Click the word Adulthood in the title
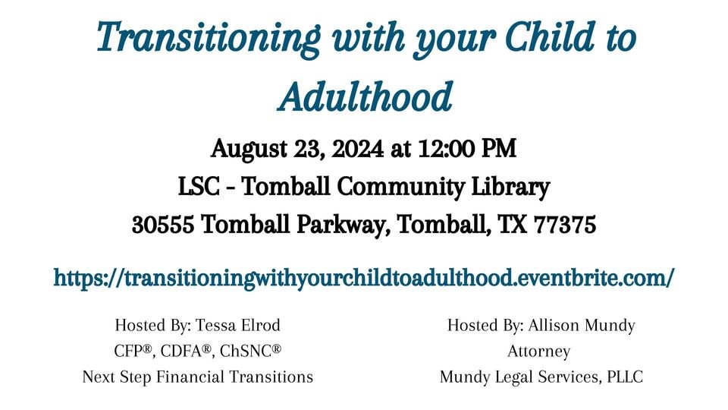tap(365, 96)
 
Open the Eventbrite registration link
tap(363, 278)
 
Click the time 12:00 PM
tap(466, 149)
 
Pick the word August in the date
tap(249, 150)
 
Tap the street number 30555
tap(162, 225)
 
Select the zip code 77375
tap(565, 225)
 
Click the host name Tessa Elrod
tap(237, 325)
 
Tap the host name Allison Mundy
tap(582, 326)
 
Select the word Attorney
tap(538, 352)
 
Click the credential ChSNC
tap(251, 351)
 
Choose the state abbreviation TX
tap(513, 225)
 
